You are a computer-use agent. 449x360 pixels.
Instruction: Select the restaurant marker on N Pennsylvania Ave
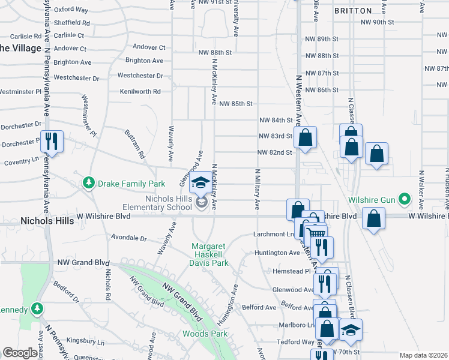click(51, 142)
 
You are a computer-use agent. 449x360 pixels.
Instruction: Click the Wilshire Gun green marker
click(405, 199)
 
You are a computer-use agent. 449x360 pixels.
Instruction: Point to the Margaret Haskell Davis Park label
click(211, 254)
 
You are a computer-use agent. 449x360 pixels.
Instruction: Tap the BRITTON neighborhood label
click(352, 11)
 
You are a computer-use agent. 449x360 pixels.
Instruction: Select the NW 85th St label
click(236, 104)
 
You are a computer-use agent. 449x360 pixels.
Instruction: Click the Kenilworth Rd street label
click(140, 92)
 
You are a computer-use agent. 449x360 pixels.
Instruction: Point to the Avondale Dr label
click(128, 238)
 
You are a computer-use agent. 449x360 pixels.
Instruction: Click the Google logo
click(20, 353)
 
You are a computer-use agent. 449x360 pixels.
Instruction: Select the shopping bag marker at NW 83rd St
click(306, 137)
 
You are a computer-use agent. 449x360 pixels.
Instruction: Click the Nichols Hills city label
click(47, 221)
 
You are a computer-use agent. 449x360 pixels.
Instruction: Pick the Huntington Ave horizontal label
click(277, 253)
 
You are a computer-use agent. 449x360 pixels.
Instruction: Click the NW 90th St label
click(377, 22)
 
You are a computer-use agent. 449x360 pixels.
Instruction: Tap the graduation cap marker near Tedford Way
click(351, 329)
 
